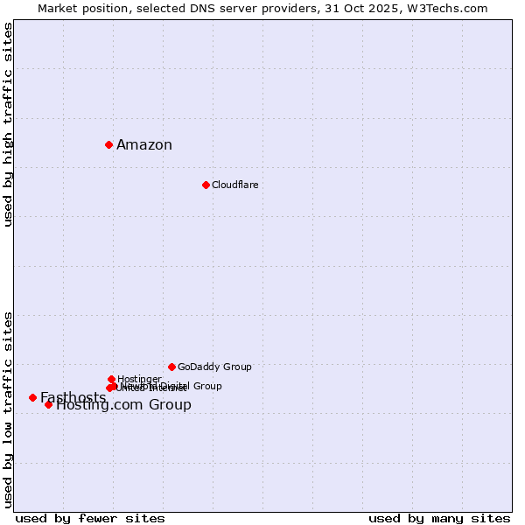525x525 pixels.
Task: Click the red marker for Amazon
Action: pos(108,144)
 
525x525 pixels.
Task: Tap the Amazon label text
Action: pos(144,145)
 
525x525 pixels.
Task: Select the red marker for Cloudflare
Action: pos(206,185)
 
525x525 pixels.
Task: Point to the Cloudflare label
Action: pos(234,185)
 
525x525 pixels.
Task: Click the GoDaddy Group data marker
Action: pos(171,367)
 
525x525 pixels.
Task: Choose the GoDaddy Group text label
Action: pos(214,367)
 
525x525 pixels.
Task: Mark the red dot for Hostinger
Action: pos(111,379)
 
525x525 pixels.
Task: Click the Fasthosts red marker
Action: pos(32,397)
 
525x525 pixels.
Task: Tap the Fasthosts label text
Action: pos(73,398)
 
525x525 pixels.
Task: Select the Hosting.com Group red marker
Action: pos(48,404)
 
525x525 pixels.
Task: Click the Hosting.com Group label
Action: pos(123,405)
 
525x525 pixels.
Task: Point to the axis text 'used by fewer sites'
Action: pos(90,519)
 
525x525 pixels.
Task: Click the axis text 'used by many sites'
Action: pos(439,519)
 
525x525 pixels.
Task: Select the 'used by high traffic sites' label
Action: pos(9,124)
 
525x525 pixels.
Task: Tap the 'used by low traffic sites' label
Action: pos(9,409)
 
